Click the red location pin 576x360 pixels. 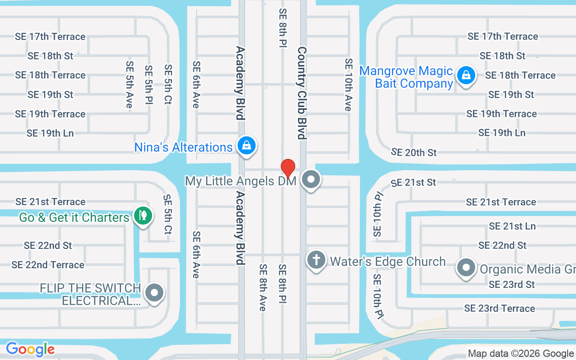[x=288, y=168]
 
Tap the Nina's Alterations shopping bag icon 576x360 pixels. [x=247, y=146]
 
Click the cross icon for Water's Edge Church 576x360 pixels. [x=316, y=260]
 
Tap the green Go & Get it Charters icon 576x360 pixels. [x=143, y=216]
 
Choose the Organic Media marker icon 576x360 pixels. [x=467, y=268]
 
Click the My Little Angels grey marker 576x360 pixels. [x=310, y=180]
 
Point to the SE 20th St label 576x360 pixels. [x=414, y=153]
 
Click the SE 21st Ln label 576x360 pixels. [x=512, y=226]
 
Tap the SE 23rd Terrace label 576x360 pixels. [x=499, y=308]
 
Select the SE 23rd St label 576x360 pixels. [x=512, y=284]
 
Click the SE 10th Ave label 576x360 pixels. [x=348, y=85]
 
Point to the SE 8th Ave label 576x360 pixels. [x=263, y=287]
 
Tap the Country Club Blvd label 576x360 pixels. [x=301, y=93]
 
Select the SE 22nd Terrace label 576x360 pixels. [x=48, y=265]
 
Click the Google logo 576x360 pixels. [x=30, y=349]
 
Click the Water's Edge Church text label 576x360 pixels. [x=388, y=261]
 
